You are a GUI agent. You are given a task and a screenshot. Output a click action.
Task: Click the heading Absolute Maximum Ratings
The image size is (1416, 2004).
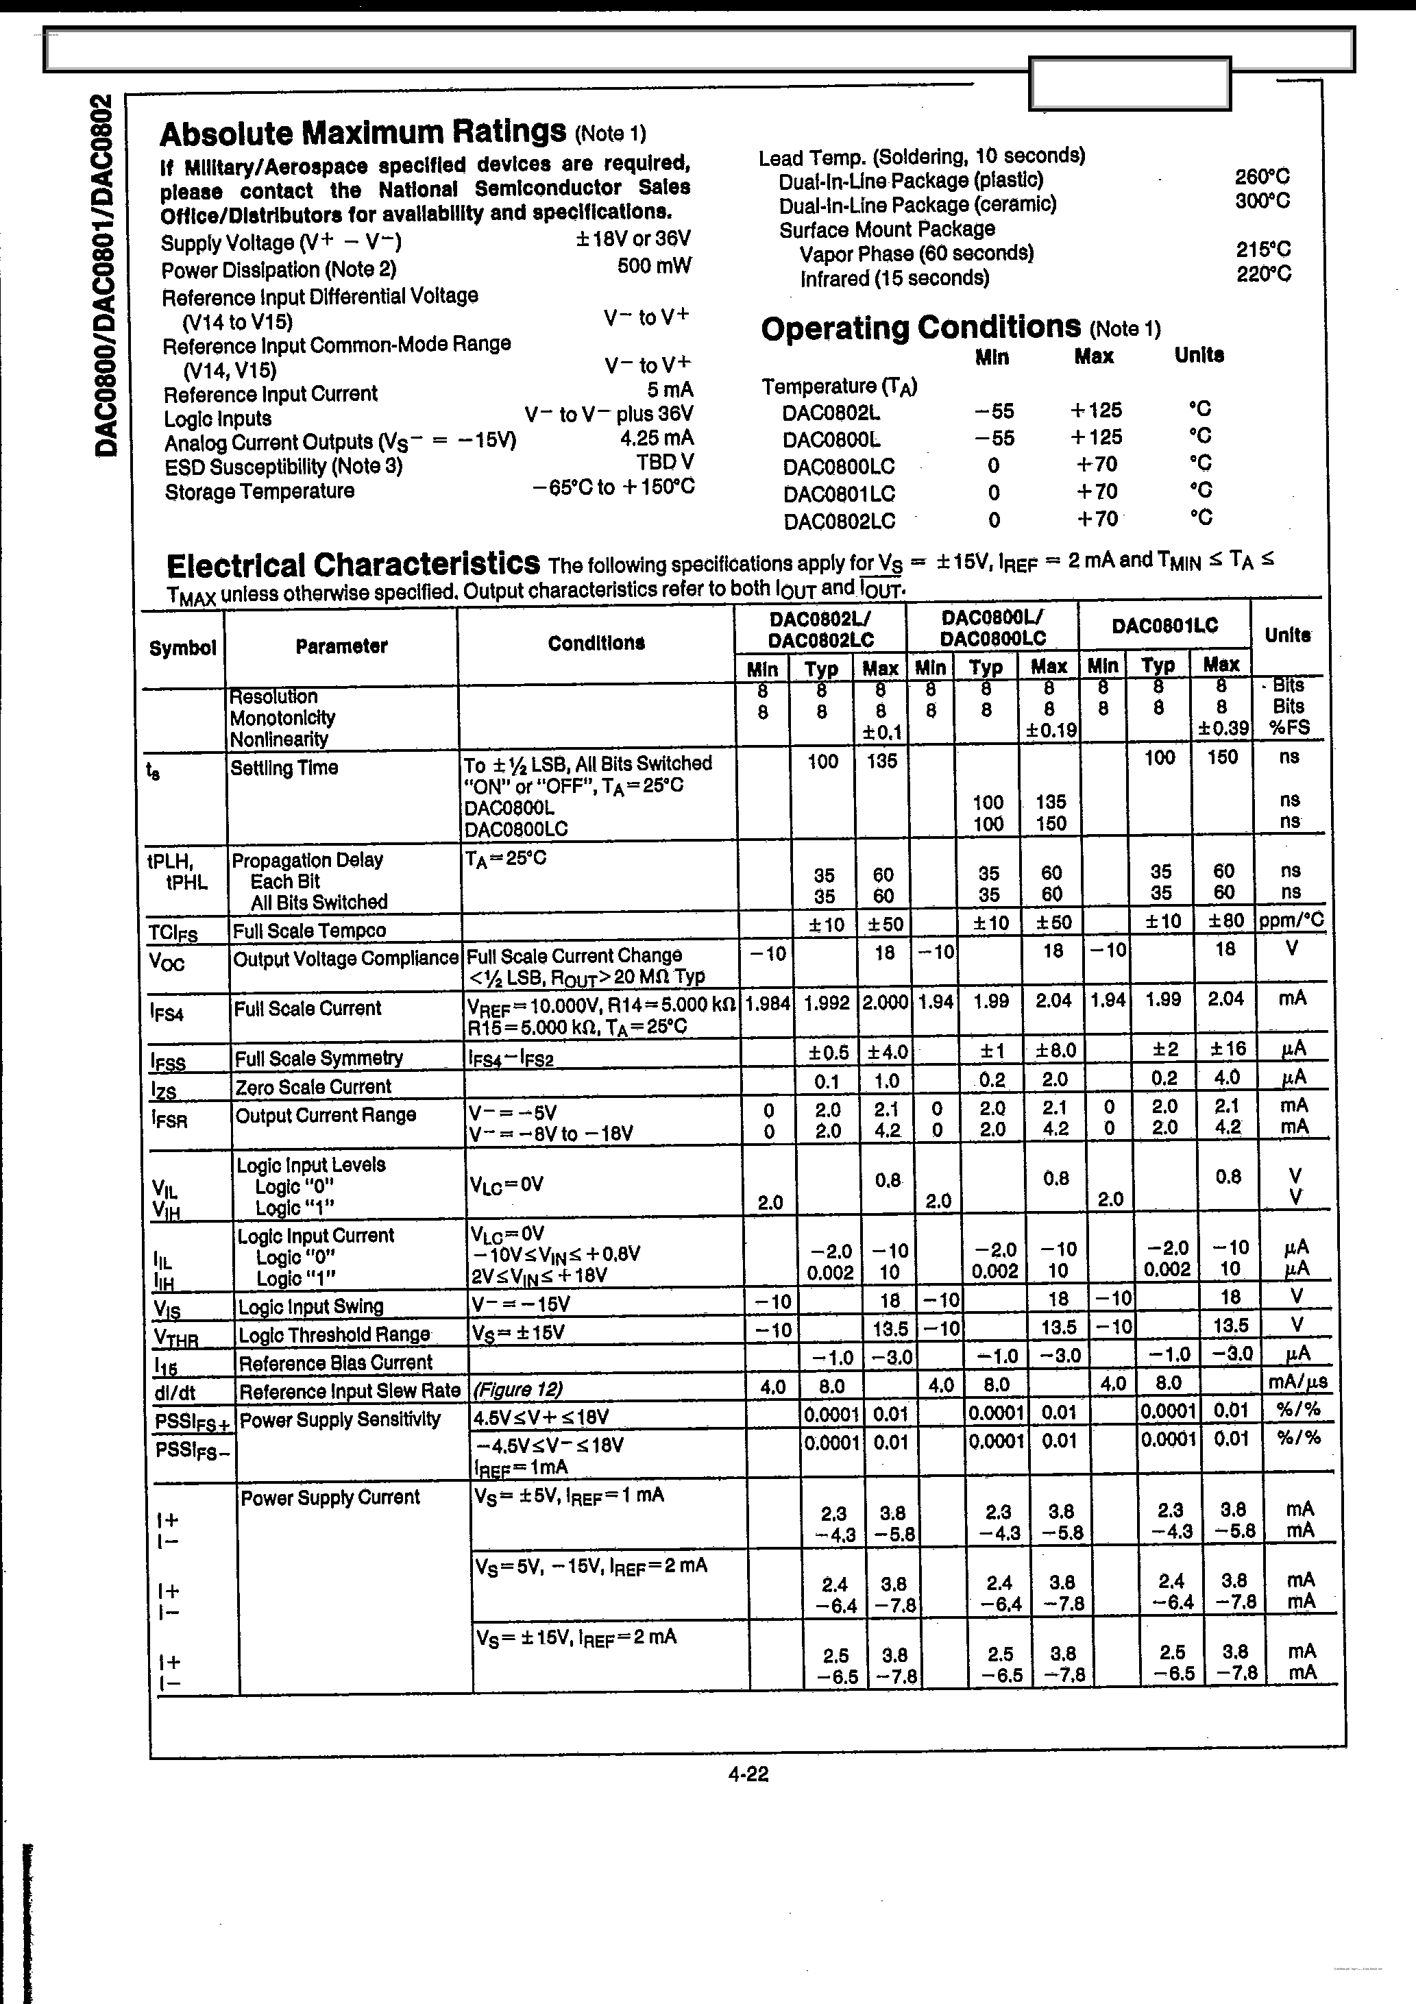(x=363, y=133)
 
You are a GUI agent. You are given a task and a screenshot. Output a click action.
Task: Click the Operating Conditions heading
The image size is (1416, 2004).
(x=921, y=328)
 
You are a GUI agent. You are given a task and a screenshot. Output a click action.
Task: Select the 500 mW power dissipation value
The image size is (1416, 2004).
(x=653, y=265)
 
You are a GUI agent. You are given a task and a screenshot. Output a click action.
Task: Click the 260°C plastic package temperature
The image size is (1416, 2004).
(x=1262, y=176)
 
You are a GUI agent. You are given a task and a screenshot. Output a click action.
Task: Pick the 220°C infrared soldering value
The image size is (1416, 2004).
(x=1263, y=274)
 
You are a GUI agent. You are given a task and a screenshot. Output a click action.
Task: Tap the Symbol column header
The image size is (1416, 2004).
(x=182, y=648)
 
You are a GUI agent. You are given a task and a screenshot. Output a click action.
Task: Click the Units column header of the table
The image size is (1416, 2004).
(x=1286, y=635)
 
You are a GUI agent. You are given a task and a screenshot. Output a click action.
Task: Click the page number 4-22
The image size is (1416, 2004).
(x=748, y=1774)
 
